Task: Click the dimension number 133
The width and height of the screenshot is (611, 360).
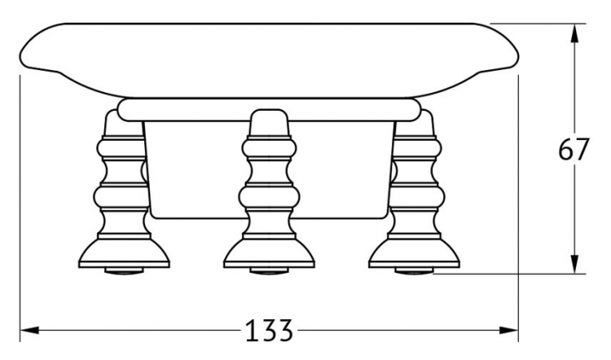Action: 269,331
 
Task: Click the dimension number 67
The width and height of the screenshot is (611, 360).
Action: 573,150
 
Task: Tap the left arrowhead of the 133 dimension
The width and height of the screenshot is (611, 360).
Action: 29,331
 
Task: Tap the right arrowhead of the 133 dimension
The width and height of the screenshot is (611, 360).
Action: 508,331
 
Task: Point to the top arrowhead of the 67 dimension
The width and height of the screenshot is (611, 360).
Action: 574,33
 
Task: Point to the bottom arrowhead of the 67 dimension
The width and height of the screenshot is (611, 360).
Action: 574,264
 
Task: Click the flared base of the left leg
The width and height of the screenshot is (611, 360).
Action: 125,252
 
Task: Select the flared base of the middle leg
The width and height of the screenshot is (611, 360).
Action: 269,252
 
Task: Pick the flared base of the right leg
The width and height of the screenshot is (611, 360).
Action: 414,252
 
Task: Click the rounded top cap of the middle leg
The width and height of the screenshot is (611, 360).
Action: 269,122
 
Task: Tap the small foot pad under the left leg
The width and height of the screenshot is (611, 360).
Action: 125,270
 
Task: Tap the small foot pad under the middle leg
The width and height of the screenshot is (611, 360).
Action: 269,270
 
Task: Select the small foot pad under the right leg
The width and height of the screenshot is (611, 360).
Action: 414,270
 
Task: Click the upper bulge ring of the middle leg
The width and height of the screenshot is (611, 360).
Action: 269,149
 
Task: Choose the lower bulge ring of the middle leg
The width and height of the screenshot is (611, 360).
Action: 269,197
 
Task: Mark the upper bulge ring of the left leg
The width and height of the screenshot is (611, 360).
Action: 121,149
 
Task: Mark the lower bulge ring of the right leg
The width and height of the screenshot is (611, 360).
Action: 417,197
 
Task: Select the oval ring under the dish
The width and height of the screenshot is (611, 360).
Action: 269,109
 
